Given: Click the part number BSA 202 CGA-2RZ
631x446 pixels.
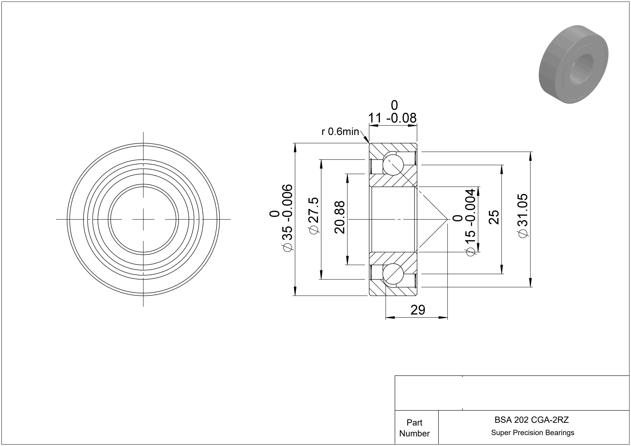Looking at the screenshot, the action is click(532, 420).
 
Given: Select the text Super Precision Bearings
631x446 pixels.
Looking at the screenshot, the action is click(533, 433).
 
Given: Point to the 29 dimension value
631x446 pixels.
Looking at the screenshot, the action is click(418, 310).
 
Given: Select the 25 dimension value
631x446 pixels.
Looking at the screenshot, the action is click(494, 217).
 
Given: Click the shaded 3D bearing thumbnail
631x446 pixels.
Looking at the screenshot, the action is click(573, 64).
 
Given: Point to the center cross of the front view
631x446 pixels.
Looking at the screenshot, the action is click(143, 219).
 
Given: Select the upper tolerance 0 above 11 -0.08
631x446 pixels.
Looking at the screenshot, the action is click(394, 105).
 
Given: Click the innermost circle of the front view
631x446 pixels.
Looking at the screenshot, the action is click(143, 187).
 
